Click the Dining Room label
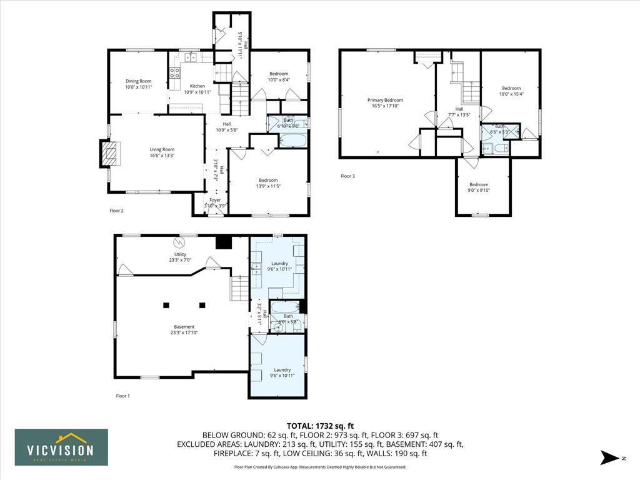(x=138, y=81)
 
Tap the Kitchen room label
(x=197, y=86)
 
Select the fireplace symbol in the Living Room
(x=109, y=153)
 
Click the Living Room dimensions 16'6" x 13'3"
(x=162, y=156)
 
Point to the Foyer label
(x=215, y=200)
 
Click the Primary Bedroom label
(x=385, y=100)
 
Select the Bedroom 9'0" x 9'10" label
(x=479, y=184)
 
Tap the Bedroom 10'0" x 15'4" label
(x=511, y=88)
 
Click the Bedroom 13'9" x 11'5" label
(x=268, y=180)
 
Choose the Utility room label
(x=180, y=254)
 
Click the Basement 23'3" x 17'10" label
(x=184, y=327)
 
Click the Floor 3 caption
(x=347, y=176)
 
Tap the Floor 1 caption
(x=123, y=396)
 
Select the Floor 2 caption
(x=116, y=211)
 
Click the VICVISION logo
(x=61, y=447)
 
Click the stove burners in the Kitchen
(x=174, y=72)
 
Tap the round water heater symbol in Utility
(x=181, y=241)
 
